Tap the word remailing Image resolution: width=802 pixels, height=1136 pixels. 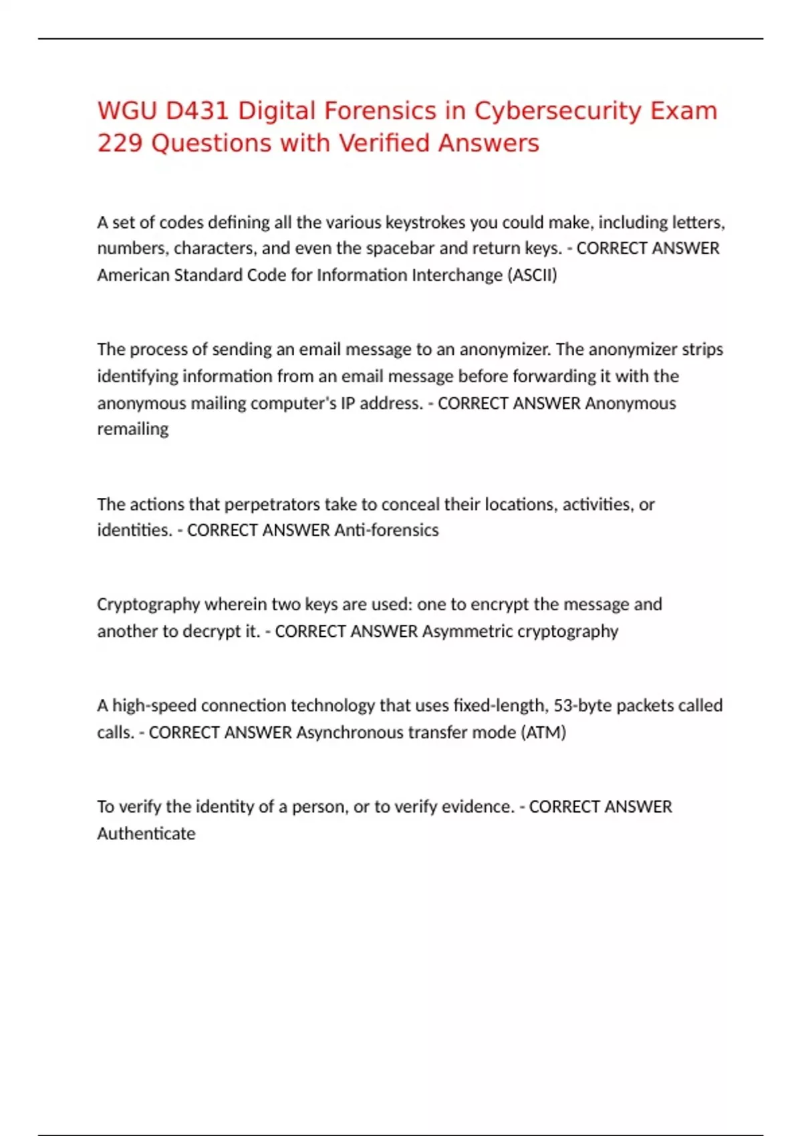[132, 429]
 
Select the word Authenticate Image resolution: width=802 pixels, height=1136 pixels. [146, 834]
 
